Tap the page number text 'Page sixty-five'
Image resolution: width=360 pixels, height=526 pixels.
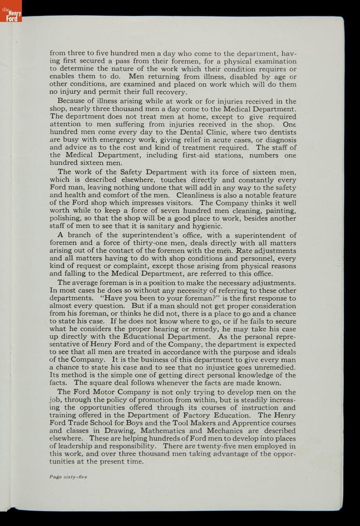coord(68,477)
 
